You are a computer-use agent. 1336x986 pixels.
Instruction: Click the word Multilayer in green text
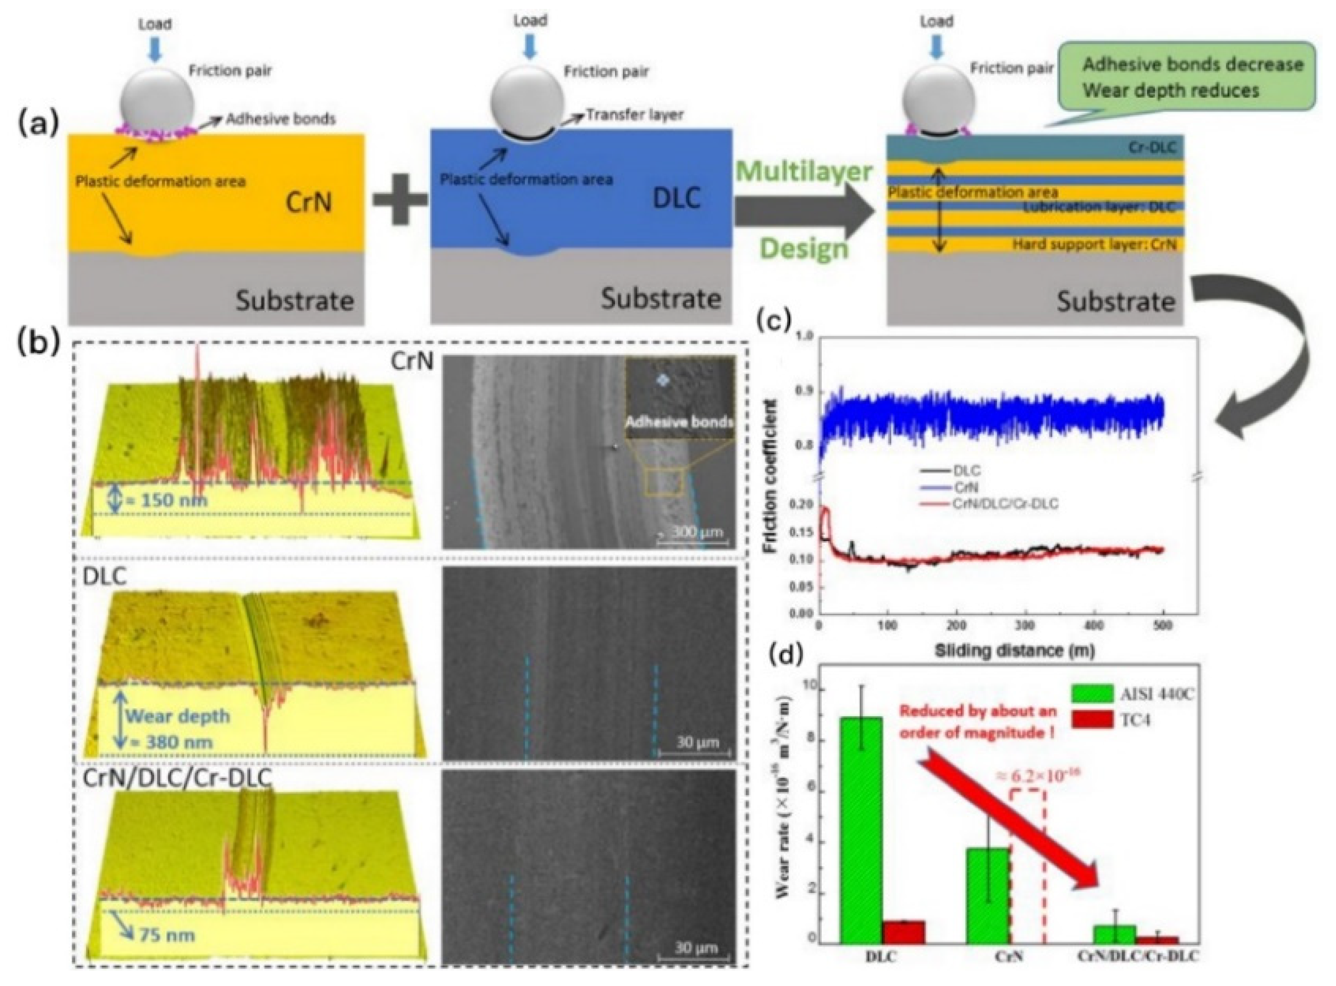804,172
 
